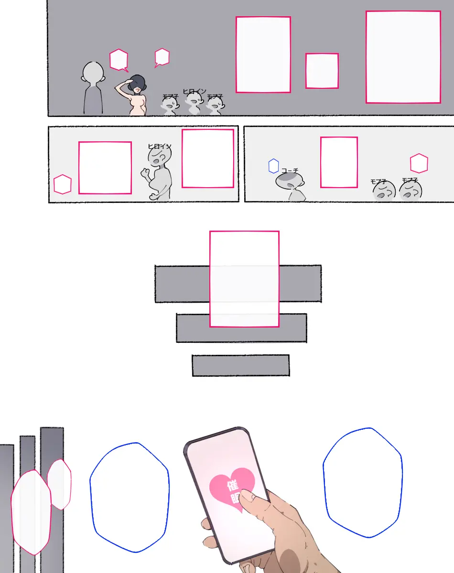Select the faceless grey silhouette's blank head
pyautogui.click(x=93, y=72)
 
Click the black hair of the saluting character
pyautogui.click(x=138, y=81)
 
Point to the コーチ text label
pyautogui.click(x=290, y=170)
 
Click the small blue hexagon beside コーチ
pyautogui.click(x=273, y=166)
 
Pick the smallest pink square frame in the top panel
pyautogui.click(x=322, y=71)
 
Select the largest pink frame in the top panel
pyautogui.click(x=403, y=57)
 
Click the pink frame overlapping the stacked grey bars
pyautogui.click(x=244, y=279)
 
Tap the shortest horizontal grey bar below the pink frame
pyautogui.click(x=240, y=365)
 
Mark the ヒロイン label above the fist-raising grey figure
pyautogui.click(x=160, y=147)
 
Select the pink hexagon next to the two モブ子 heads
pyautogui.click(x=419, y=163)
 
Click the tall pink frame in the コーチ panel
pyautogui.click(x=339, y=162)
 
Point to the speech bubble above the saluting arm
pyautogui.click(x=119, y=60)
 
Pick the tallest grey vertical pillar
pyautogui.click(x=52, y=499)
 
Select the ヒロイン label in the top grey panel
pyautogui.click(x=195, y=91)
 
